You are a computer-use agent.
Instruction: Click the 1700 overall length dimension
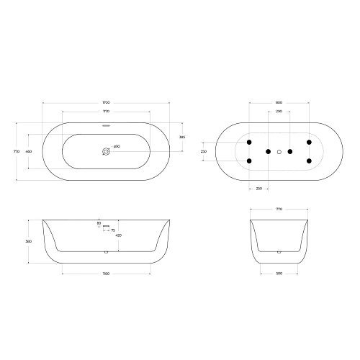pos(106,104)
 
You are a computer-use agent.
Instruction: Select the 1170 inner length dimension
pos(106,112)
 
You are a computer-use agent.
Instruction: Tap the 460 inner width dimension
pos(29,152)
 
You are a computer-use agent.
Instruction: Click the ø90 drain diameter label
pos(117,147)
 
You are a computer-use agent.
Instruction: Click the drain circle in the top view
pos(106,152)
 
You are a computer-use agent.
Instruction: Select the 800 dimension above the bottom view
pos(279,104)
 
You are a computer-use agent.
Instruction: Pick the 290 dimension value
pos(279,112)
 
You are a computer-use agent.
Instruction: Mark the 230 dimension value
pos(258,189)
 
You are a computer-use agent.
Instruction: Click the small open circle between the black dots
pos(279,152)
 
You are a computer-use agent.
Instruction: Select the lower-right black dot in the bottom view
pos(309,161)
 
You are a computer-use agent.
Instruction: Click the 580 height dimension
pos(29,241)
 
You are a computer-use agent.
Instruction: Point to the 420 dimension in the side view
pos(117,235)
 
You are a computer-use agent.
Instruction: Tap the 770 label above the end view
pos(279,208)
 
